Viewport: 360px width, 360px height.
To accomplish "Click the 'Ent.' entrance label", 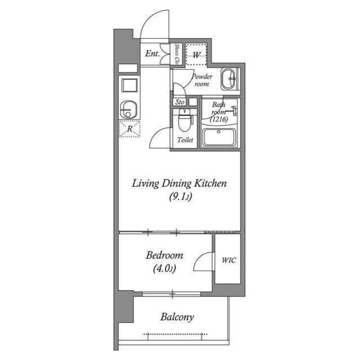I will pyautogui.click(x=152, y=55).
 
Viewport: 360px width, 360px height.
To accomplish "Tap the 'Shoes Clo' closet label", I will pyautogui.click(x=177, y=53).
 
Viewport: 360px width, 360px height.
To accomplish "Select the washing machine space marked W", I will pyautogui.click(x=196, y=55).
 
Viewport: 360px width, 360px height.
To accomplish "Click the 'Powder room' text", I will pyautogui.click(x=201, y=80).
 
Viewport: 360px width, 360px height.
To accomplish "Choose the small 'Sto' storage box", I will pyautogui.click(x=180, y=102).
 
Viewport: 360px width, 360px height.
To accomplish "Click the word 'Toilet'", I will pyautogui.click(x=185, y=140).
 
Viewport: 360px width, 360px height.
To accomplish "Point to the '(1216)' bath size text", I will pyautogui.click(x=218, y=119).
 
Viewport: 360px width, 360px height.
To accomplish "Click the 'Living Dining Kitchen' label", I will pyautogui.click(x=179, y=183).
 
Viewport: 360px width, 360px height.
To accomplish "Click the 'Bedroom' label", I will pyautogui.click(x=165, y=255).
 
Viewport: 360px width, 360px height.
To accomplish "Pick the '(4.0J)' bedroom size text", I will pyautogui.click(x=165, y=268).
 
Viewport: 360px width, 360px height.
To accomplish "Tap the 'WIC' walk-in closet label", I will pyautogui.click(x=228, y=260).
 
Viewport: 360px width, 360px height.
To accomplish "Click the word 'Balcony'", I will pyautogui.click(x=177, y=317).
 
